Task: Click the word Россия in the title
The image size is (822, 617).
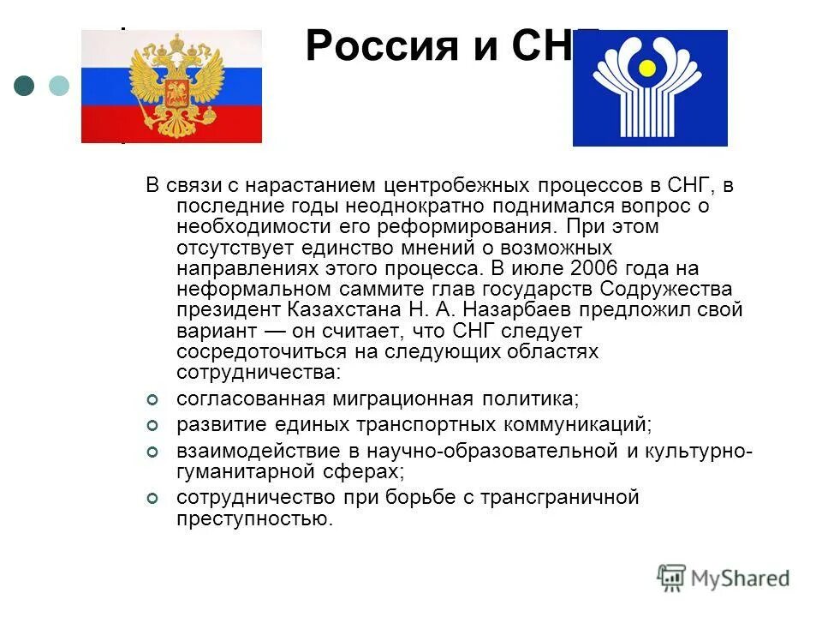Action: [370, 46]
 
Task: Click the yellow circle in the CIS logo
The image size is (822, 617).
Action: [648, 68]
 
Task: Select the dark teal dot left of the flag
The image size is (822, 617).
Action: [25, 85]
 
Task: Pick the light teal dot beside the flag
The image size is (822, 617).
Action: [58, 85]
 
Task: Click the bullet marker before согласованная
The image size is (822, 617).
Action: [152, 400]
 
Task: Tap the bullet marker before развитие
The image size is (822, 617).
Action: [152, 425]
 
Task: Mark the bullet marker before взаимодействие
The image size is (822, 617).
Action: [152, 450]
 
